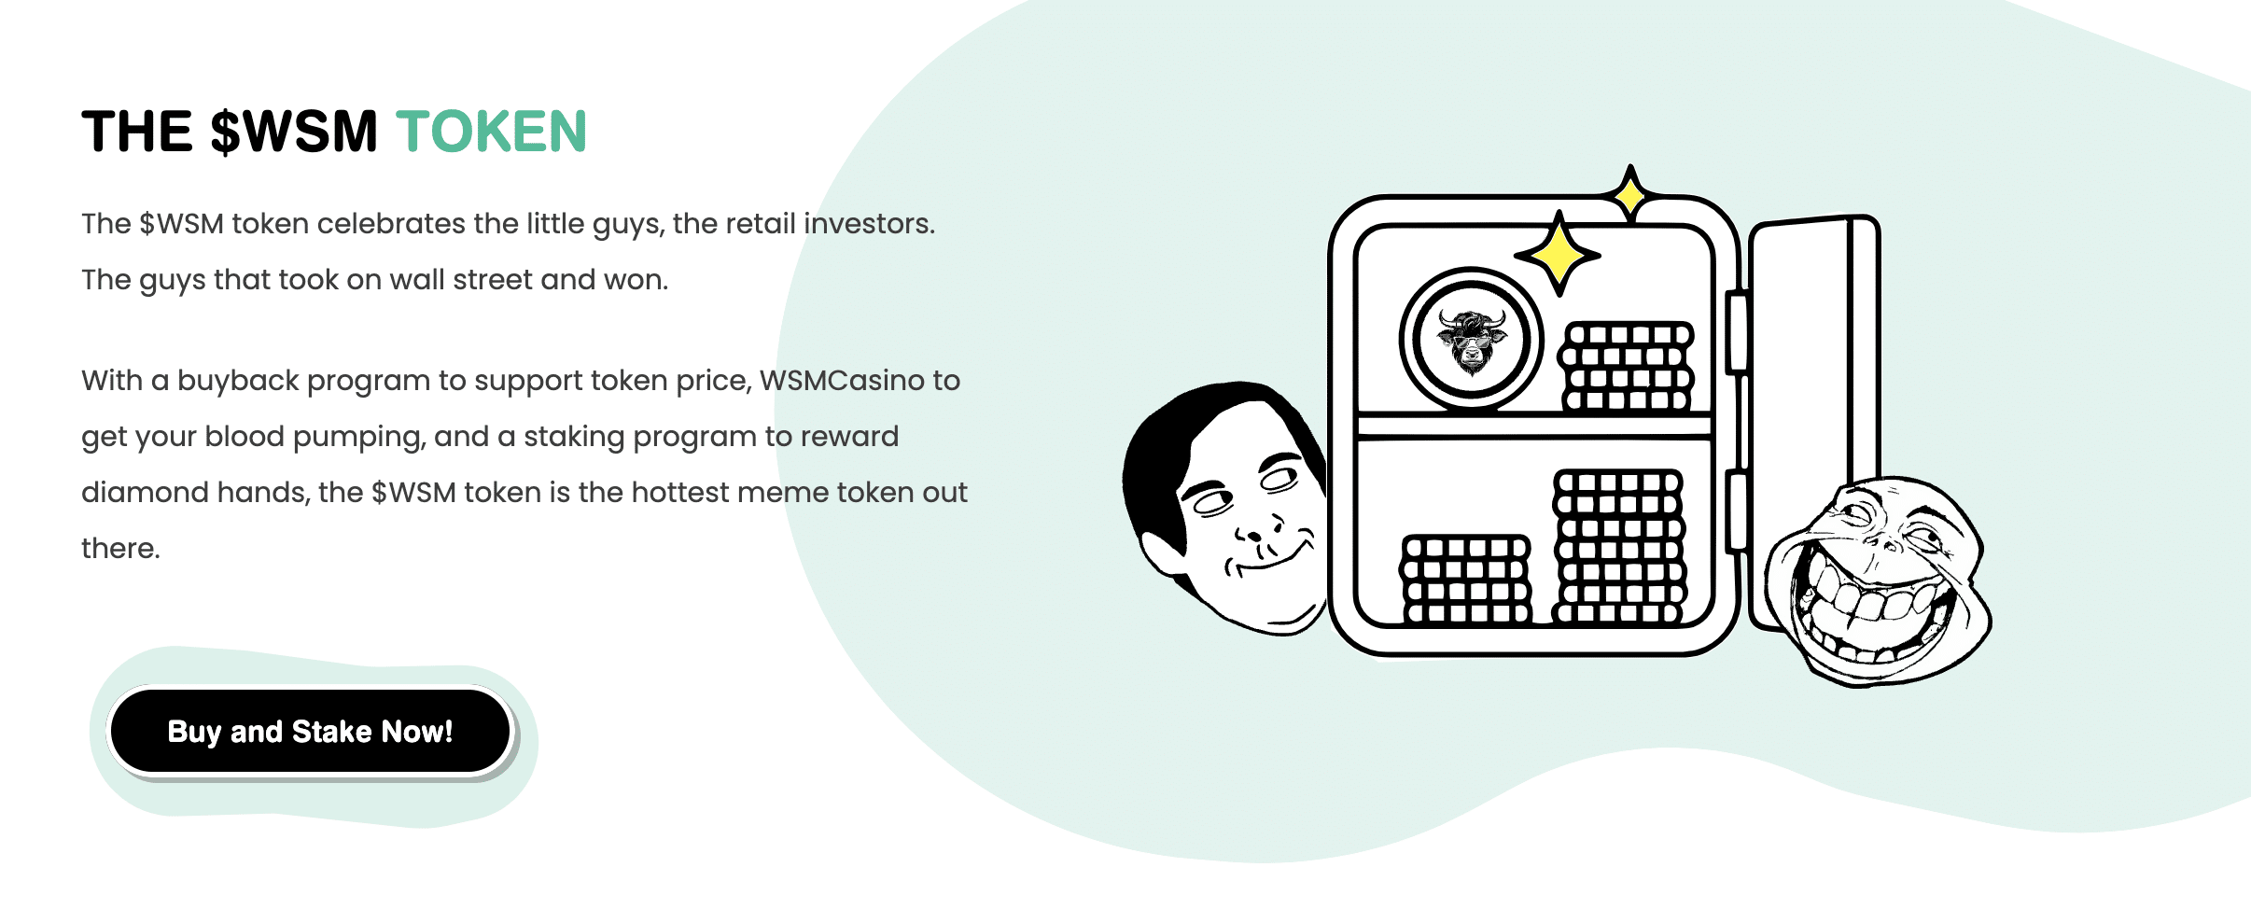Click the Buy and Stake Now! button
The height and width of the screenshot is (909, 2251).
point(311,731)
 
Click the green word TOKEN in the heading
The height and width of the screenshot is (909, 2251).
point(492,131)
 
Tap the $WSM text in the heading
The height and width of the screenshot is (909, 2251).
point(293,131)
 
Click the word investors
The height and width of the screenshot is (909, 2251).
point(869,224)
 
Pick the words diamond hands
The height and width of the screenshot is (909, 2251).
point(195,492)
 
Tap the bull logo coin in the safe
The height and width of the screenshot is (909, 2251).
point(1472,339)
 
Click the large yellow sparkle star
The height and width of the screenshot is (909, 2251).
point(1558,253)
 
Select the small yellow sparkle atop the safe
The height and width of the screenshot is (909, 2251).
point(1630,194)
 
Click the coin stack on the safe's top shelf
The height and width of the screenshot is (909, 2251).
point(1626,367)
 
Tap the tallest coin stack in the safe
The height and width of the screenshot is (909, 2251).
point(1619,547)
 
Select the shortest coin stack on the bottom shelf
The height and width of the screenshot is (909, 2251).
point(1466,579)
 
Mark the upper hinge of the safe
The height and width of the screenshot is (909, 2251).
point(1736,332)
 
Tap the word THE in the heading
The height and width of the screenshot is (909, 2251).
point(137,131)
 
